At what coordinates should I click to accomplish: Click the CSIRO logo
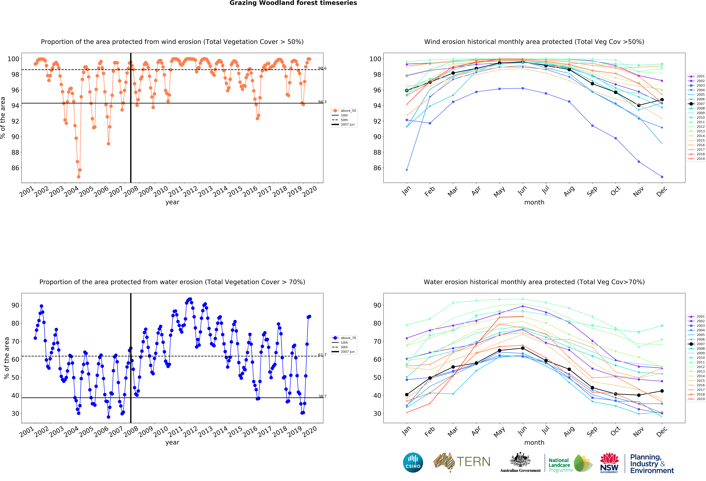pos(413,462)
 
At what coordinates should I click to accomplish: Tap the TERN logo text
pos(473,462)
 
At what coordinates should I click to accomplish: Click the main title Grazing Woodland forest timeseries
pos(293,3)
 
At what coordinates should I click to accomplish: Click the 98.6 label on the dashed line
pos(322,68)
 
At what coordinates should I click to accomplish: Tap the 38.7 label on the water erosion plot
pos(322,396)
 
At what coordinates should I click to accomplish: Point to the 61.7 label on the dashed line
pos(322,355)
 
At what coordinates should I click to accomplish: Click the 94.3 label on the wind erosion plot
pos(322,102)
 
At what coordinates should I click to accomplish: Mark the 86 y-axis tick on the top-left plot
pos(15,168)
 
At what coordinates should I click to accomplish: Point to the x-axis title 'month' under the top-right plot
pos(534,202)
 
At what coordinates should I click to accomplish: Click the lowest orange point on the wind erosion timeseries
pos(79,177)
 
